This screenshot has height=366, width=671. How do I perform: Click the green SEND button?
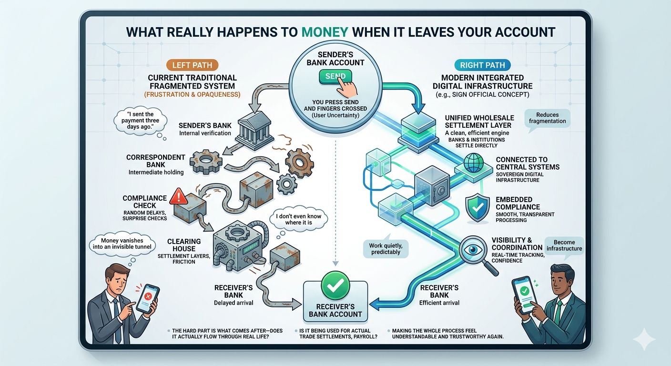click(x=335, y=77)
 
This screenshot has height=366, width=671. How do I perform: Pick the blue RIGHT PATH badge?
click(x=483, y=65)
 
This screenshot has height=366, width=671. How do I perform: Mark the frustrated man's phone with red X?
click(x=148, y=297)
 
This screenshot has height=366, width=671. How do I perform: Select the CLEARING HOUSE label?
click(x=184, y=245)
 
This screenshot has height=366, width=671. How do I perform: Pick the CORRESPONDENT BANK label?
click(x=155, y=161)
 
